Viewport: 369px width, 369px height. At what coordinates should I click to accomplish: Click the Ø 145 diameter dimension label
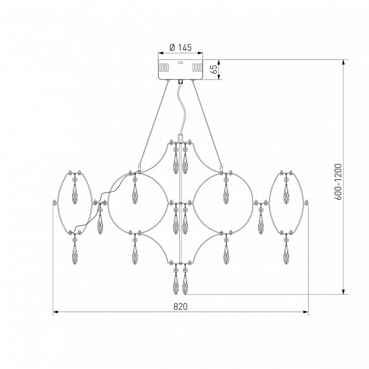pyautogui.click(x=180, y=47)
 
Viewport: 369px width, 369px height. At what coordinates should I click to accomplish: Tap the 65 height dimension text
pyautogui.click(x=214, y=69)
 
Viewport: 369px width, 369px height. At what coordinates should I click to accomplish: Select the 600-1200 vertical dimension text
pyautogui.click(x=338, y=181)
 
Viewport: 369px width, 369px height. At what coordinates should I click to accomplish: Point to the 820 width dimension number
pyautogui.click(x=181, y=306)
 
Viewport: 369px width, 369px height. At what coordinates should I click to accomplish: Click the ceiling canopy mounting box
pyautogui.click(x=180, y=70)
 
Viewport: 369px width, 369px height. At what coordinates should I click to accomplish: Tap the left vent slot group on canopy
pyautogui.click(x=164, y=67)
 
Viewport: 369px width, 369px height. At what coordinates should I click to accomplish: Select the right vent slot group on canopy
pyautogui.click(x=197, y=67)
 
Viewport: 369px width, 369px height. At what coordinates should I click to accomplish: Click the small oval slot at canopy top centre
pyautogui.click(x=180, y=63)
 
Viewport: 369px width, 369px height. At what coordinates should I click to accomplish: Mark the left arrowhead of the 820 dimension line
pyautogui.click(x=55, y=312)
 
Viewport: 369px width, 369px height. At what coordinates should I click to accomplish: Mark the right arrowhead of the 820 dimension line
pyautogui.click(x=305, y=312)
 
